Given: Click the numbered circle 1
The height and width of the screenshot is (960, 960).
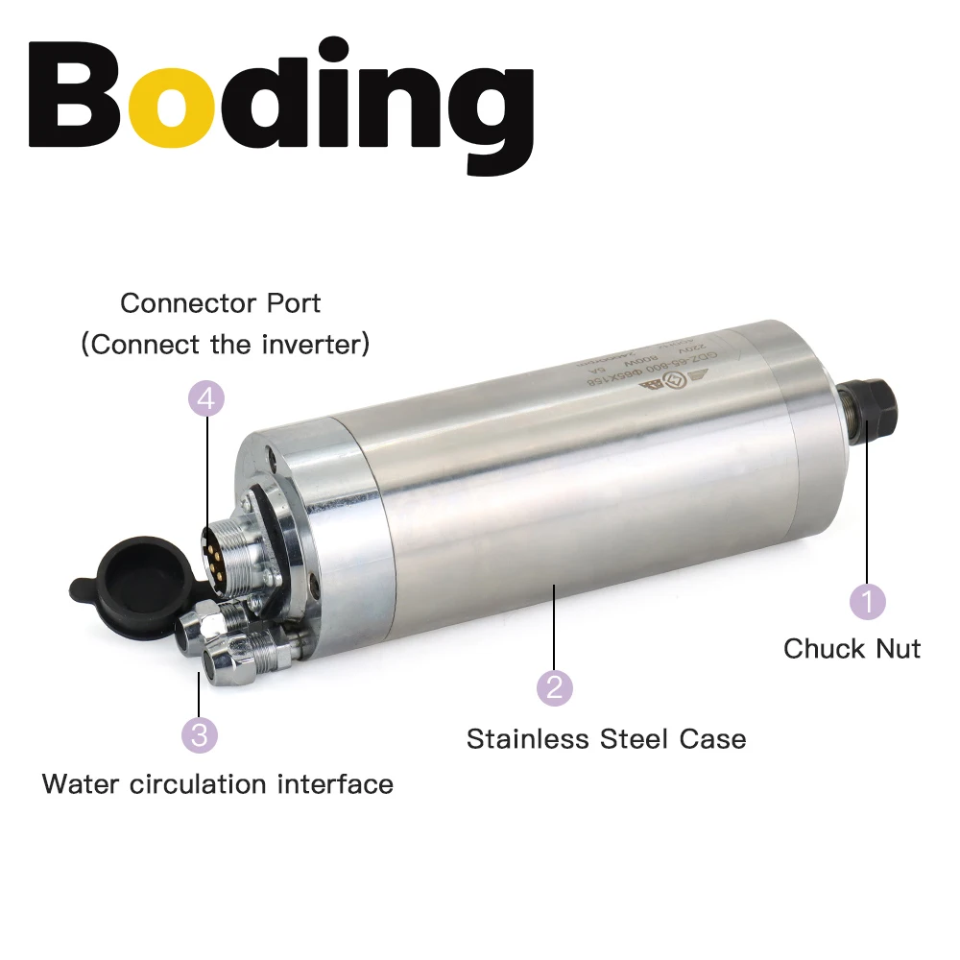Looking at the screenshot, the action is (x=867, y=602).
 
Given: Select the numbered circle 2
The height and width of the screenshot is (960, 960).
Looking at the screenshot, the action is (x=554, y=687).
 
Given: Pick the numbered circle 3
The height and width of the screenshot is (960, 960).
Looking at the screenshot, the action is (x=199, y=735).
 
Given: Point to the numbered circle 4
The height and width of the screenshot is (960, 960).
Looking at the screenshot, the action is (x=206, y=398).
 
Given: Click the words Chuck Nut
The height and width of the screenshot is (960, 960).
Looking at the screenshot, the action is (x=852, y=649).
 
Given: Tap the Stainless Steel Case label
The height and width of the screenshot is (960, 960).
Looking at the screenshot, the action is (x=606, y=739).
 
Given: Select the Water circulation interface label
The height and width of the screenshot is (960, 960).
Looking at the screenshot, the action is (x=218, y=784).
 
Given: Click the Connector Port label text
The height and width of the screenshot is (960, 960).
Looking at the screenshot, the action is (x=220, y=303).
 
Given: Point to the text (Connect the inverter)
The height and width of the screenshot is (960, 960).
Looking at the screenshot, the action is (x=226, y=345).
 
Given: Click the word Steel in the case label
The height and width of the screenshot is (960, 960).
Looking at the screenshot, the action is (x=636, y=739).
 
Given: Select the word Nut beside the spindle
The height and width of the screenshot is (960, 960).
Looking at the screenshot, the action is (x=897, y=649).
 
